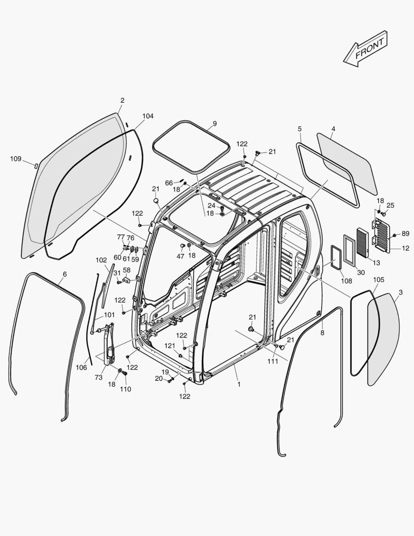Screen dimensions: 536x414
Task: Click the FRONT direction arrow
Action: pos(366,49)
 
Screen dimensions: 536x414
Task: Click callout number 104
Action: pos(148,116)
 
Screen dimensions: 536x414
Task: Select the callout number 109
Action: pos(16,159)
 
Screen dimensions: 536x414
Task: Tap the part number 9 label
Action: pos(215,123)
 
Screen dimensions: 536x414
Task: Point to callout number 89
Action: pos(406,233)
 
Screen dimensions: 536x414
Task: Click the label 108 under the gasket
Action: pos(346,281)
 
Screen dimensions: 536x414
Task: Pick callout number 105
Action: pos(378,280)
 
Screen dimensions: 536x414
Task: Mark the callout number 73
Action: pos(99,378)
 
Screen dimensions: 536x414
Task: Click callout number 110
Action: pos(125,389)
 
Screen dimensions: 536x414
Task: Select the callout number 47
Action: pos(180,257)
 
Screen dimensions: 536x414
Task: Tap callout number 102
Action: pos(101,260)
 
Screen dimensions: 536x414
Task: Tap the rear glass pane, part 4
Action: pos(347,164)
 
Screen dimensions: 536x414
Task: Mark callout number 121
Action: pos(170,345)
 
